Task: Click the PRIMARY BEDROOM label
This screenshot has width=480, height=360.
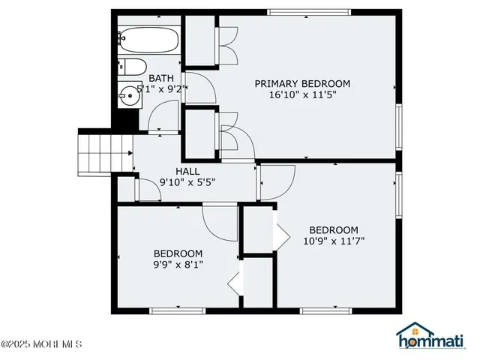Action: point(302,83)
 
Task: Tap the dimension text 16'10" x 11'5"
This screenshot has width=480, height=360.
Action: point(302,96)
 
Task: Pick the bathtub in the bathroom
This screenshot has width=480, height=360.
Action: point(149,39)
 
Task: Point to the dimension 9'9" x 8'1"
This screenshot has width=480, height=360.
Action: point(178,264)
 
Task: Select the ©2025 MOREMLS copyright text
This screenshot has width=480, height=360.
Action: point(41,345)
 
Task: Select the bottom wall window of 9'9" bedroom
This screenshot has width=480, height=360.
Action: point(178,310)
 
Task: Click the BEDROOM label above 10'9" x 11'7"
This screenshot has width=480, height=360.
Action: point(334,229)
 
